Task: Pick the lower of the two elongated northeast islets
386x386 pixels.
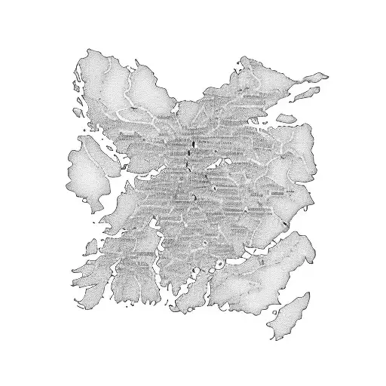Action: (304, 93)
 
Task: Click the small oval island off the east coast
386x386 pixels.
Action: (286, 118)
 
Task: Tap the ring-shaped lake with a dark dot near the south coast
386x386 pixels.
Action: (219, 263)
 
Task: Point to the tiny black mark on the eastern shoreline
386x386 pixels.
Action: (284, 224)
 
